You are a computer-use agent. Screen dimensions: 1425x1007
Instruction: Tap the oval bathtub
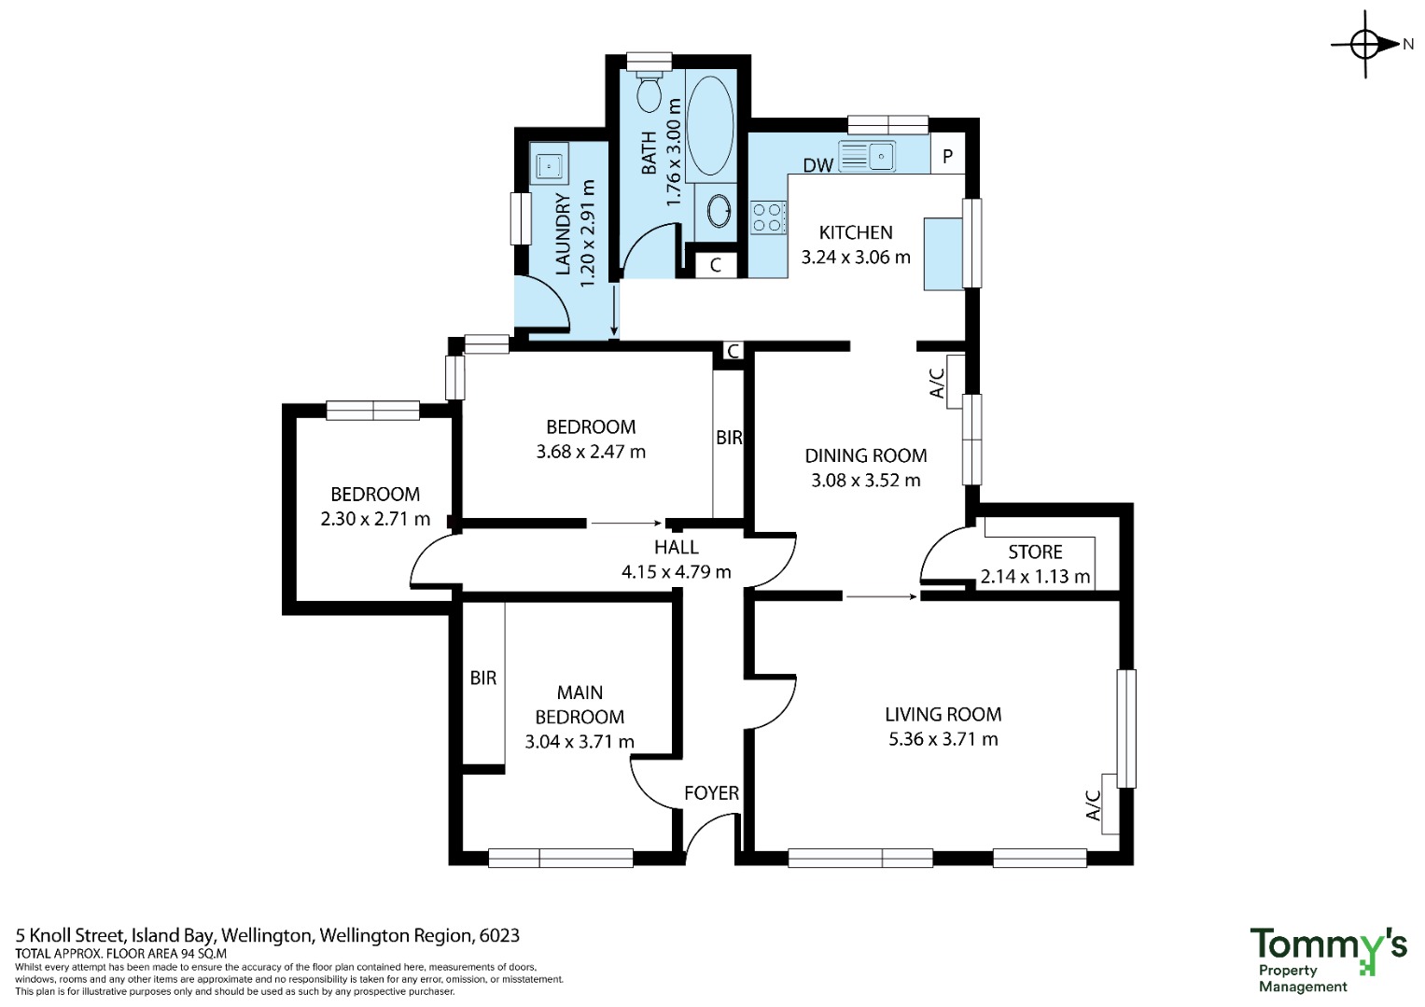point(710,125)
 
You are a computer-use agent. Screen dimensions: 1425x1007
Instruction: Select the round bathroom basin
point(719,210)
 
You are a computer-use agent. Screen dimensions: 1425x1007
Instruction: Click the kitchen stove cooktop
point(768,217)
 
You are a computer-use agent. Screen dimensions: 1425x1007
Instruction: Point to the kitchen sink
point(867,156)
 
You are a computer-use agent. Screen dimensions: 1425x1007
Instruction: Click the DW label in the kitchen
point(817,165)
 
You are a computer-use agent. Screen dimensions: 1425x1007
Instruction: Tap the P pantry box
point(948,156)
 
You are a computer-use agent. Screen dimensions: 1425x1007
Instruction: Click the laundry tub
point(549,167)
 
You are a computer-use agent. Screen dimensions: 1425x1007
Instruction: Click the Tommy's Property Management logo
point(1328,959)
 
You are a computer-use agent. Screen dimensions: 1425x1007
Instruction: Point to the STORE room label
point(1035,552)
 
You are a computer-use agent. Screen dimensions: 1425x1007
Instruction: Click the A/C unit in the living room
point(1110,804)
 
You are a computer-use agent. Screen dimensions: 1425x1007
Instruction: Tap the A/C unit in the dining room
point(955,382)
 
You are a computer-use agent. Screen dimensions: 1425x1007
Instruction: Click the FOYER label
point(711,792)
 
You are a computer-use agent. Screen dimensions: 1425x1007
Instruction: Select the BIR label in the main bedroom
point(482,678)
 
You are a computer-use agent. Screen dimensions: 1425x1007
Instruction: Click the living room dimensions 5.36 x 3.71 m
point(943,739)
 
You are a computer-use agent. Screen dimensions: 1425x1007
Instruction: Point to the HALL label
point(677,547)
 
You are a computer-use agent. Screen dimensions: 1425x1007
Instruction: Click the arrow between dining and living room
point(882,596)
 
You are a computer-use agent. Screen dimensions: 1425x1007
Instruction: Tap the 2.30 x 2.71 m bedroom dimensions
point(375,519)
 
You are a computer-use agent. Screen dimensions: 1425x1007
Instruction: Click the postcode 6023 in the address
point(499,936)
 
